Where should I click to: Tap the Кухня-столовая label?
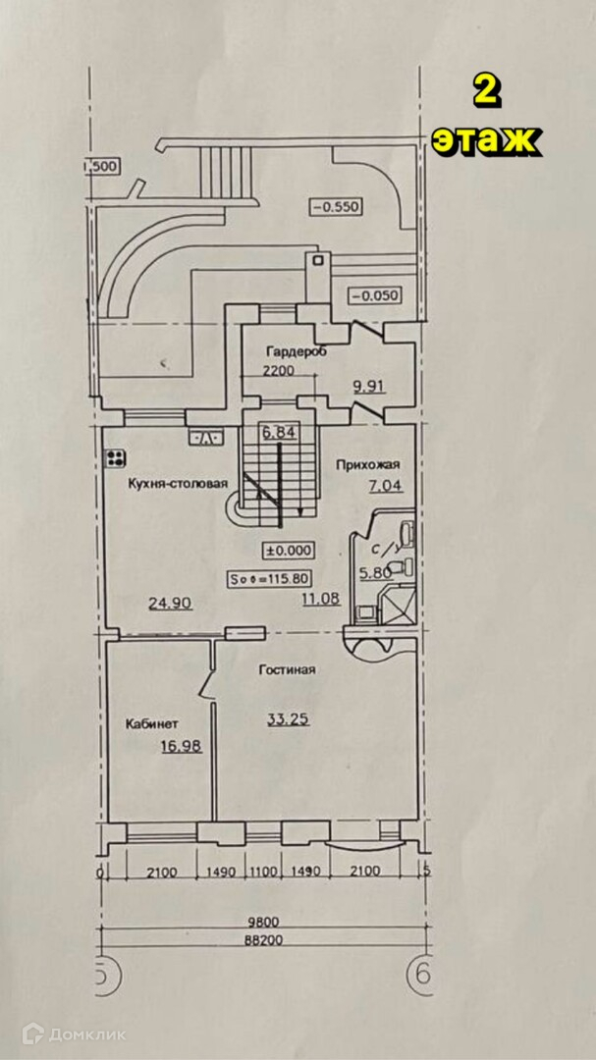tap(177, 483)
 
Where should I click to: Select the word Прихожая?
tap(364, 464)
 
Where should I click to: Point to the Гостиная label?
tap(287, 670)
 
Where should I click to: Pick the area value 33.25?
tap(289, 718)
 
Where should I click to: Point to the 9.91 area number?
tap(368, 386)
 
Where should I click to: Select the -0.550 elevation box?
tap(337, 207)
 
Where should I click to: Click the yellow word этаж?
tap(485, 140)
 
